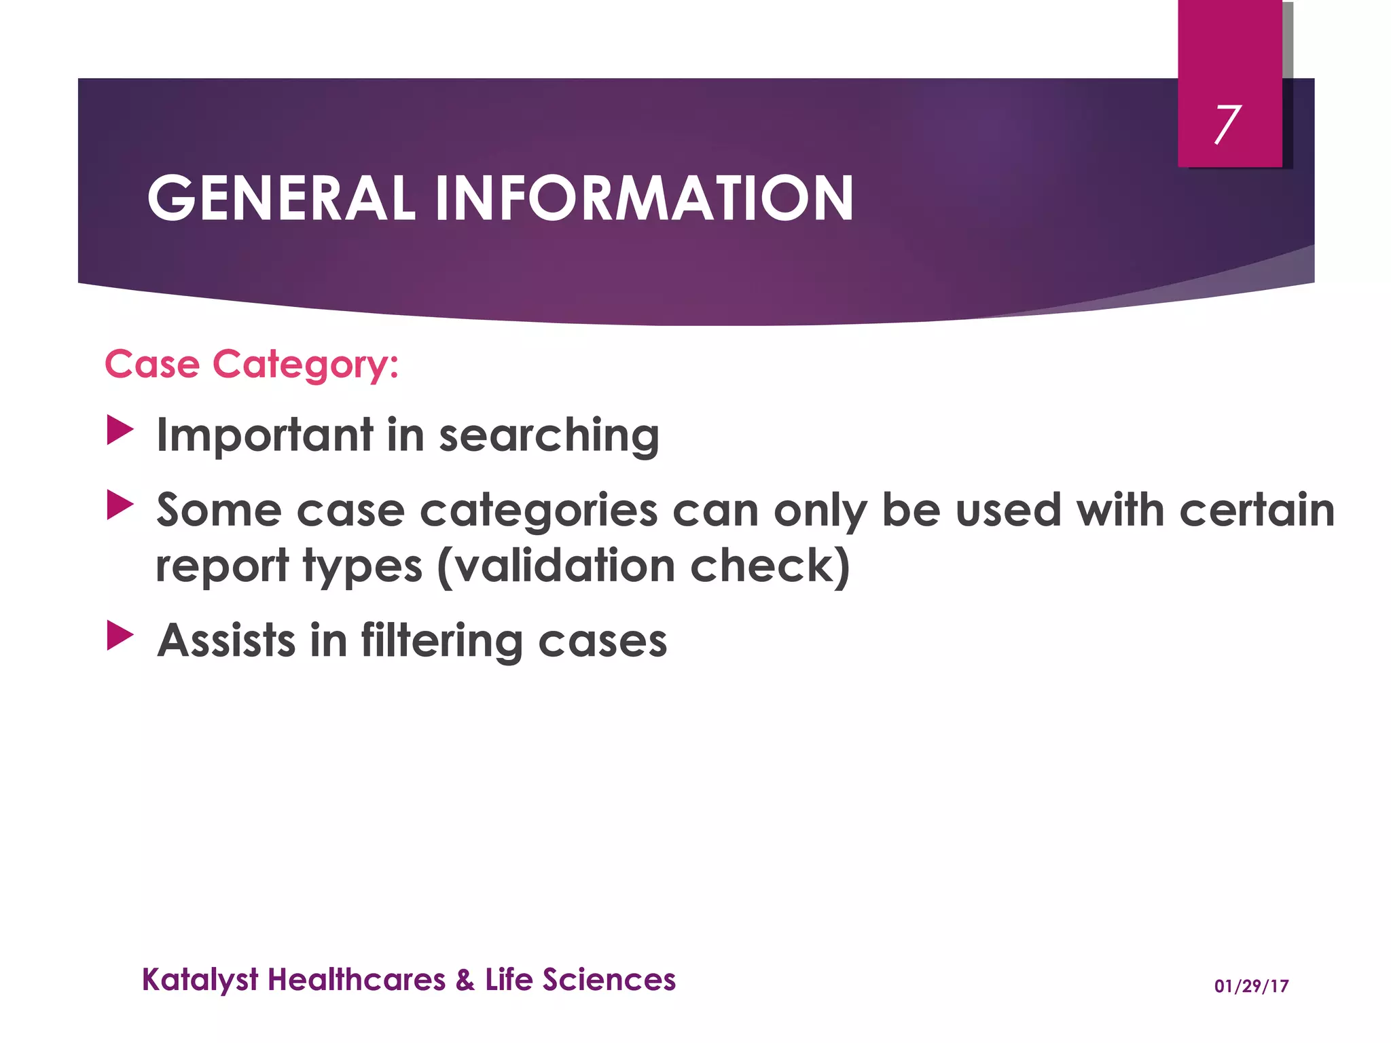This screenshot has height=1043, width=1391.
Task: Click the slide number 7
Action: (1227, 125)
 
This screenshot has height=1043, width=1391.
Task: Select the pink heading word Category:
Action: (306, 365)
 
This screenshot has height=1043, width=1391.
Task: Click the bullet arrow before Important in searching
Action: (120, 431)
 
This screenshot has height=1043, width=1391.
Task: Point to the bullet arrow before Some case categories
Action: (120, 506)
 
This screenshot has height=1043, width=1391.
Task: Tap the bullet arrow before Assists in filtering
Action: (120, 636)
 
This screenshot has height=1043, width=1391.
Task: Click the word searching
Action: (549, 435)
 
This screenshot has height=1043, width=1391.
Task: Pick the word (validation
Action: (556, 566)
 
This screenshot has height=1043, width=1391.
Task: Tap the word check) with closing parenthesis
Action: (770, 566)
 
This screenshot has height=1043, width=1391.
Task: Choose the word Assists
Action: (226, 641)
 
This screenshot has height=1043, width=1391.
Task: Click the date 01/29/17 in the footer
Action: (1251, 986)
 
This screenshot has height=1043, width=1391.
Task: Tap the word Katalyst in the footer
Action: (200, 980)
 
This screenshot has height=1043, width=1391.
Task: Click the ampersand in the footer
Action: (465, 980)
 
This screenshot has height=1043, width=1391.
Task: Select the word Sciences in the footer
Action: (609, 980)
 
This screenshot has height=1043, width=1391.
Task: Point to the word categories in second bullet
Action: (539, 511)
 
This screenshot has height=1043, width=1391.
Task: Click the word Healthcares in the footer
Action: (357, 980)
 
